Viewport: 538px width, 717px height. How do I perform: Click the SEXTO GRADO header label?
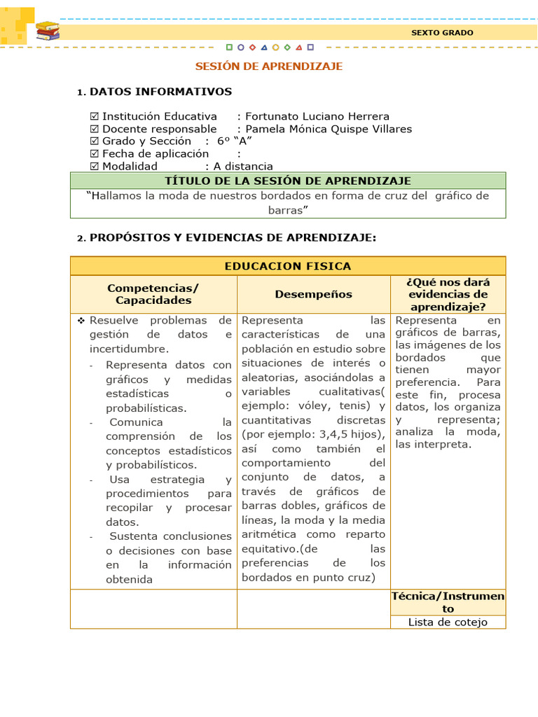coord(441,33)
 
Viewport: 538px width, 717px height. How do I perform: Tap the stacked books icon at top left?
coord(48,31)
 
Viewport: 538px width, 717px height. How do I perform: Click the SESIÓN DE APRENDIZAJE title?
coord(268,67)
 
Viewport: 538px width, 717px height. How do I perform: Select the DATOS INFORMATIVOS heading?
coord(160,92)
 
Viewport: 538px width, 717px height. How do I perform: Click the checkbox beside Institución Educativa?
coord(95,116)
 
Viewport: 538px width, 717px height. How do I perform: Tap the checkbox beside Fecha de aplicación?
coord(95,153)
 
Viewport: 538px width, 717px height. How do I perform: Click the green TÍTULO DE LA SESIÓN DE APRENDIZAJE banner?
coord(288,181)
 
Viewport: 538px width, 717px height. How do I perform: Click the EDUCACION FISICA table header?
coord(288,266)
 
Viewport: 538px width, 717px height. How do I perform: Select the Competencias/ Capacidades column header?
coord(153,294)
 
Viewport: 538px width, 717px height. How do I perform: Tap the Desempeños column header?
coord(313,295)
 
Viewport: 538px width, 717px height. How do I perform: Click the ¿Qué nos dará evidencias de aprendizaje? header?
coord(448,294)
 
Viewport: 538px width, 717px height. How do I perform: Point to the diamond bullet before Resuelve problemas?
coord(81,320)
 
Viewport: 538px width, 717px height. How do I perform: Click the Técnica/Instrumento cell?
coord(448,602)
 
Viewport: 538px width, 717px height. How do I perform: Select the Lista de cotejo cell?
coord(448,622)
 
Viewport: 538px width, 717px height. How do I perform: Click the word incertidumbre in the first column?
coord(129,349)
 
